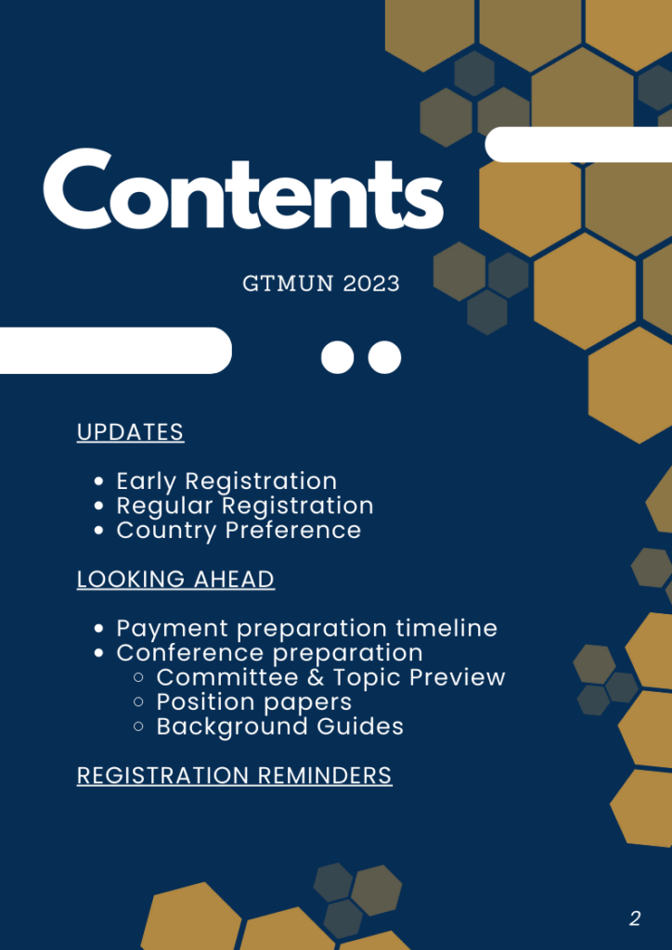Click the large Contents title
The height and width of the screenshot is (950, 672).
(243, 188)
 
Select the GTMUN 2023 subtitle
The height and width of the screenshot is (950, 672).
(321, 284)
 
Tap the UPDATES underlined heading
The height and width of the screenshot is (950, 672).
(130, 432)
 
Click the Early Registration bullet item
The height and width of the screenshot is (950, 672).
(226, 481)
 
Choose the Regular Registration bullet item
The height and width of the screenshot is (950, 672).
(245, 506)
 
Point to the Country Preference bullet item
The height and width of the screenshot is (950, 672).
(239, 530)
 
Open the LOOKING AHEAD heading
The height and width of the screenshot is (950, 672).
(175, 579)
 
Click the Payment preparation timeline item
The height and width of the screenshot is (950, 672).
(306, 628)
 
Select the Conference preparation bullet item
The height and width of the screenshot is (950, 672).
(270, 653)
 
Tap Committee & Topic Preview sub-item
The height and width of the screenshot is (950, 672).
(330, 677)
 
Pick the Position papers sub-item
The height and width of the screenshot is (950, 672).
(254, 702)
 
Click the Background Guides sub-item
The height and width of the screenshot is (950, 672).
(280, 726)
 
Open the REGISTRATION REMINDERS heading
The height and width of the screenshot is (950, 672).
(235, 776)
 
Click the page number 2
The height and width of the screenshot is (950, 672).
(635, 919)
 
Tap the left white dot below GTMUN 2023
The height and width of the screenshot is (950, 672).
(338, 357)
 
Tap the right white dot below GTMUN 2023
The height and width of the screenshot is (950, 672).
(385, 357)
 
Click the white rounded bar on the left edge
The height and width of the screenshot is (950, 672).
(116, 350)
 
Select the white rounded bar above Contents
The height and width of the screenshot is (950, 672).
(578, 144)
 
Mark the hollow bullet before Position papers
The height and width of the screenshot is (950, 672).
(139, 701)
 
